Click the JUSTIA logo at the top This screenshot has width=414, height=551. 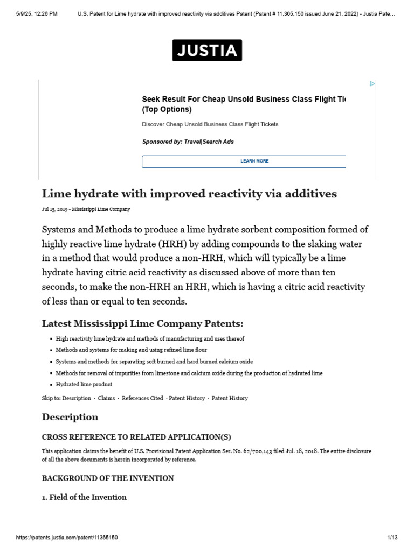(x=207, y=51)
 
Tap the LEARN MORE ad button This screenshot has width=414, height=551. (x=254, y=161)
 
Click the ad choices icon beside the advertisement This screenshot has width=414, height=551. (x=372, y=84)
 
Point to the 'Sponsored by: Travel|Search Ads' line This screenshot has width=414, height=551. (x=188, y=142)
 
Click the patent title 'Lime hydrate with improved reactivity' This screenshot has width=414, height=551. (x=189, y=194)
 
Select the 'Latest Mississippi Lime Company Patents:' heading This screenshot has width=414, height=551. (x=143, y=323)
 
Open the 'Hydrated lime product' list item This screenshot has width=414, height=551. (x=84, y=385)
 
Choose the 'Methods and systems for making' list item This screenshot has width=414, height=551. (x=131, y=350)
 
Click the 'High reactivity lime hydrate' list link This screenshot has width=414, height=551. (x=150, y=339)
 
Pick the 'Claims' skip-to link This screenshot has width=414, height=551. (x=106, y=398)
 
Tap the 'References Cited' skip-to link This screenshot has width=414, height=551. (x=142, y=398)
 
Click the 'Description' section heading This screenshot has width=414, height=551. (x=70, y=417)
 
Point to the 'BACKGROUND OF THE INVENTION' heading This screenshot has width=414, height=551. (x=108, y=478)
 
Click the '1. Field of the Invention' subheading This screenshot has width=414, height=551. (x=84, y=497)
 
